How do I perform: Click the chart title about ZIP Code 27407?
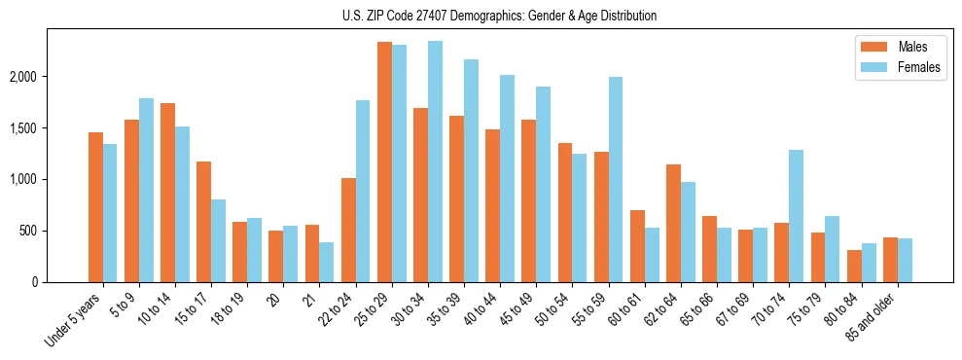tap(499, 16)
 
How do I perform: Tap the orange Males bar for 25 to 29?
tap(384, 162)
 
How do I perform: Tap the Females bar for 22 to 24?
tap(363, 192)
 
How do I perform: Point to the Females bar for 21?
tap(327, 263)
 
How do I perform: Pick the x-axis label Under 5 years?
tap(74, 321)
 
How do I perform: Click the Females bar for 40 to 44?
tap(507, 179)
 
